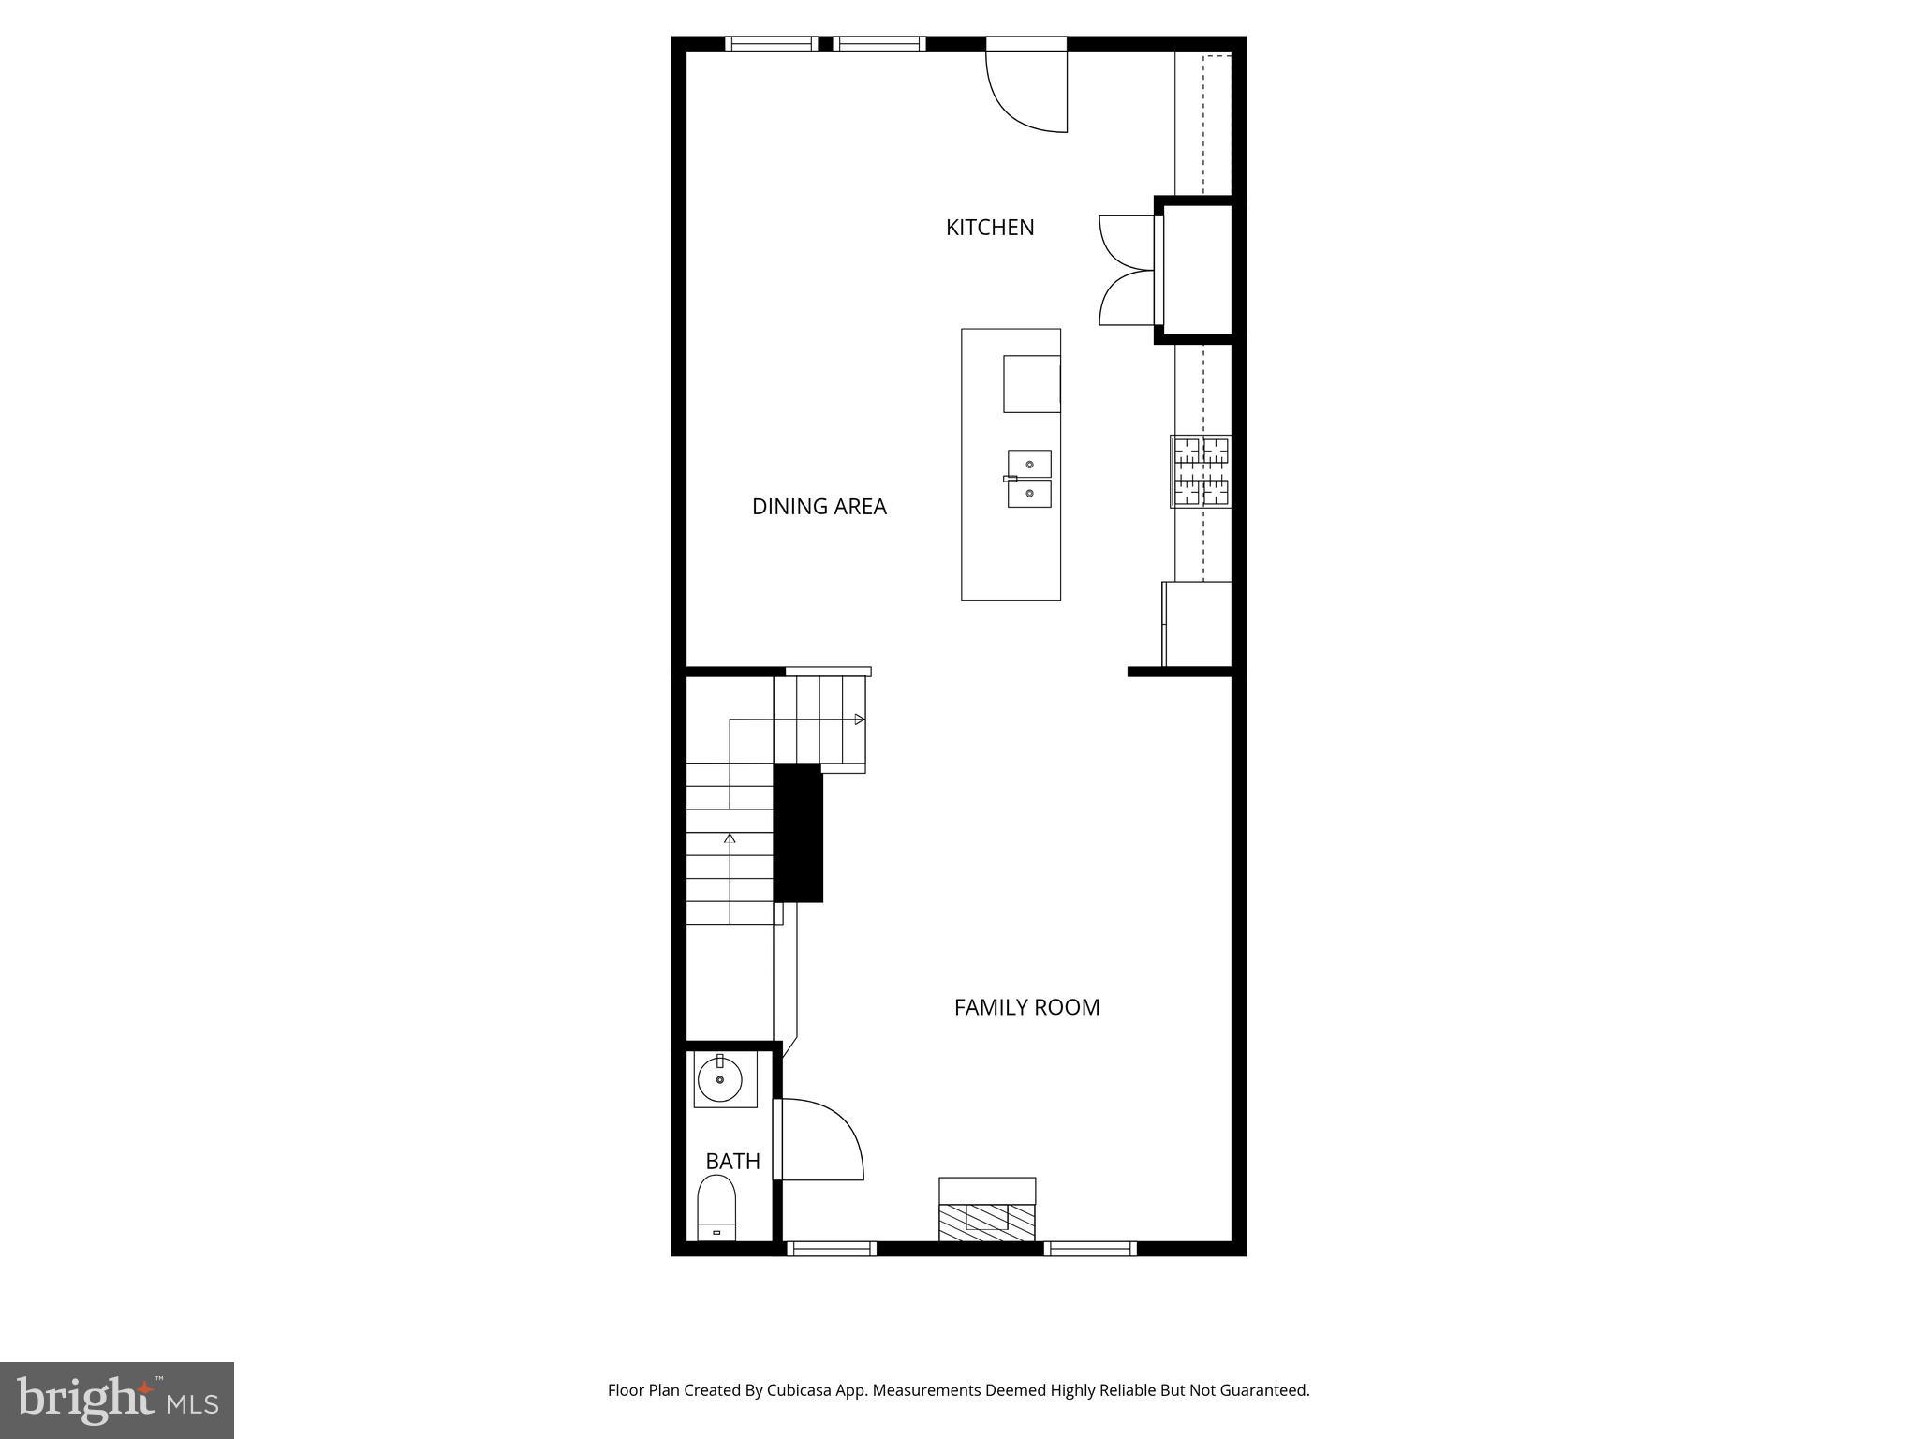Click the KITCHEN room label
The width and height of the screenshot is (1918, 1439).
[x=990, y=228]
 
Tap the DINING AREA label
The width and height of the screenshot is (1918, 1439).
[x=819, y=507]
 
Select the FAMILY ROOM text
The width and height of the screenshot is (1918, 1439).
[x=1026, y=1007]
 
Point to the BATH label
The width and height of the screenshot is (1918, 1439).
[x=732, y=1162]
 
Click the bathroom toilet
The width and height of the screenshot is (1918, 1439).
[x=716, y=1208]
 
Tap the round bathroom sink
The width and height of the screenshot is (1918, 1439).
[x=720, y=1079]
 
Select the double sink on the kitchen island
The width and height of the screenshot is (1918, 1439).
[x=1029, y=479]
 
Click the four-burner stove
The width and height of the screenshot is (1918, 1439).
[x=1202, y=471]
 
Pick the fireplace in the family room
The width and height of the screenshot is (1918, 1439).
[x=987, y=1211]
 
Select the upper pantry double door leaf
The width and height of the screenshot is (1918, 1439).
[x=1127, y=243]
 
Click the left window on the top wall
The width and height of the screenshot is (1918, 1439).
[x=772, y=43]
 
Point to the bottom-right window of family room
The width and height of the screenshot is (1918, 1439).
[x=1090, y=1248]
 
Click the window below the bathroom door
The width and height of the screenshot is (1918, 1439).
[x=832, y=1248]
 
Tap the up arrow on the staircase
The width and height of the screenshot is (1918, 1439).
[x=730, y=837]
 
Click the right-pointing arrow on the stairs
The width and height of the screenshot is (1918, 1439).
[x=859, y=719]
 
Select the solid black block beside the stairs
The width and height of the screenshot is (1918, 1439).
[x=798, y=833]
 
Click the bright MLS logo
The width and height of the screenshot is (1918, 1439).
[x=117, y=1401]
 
